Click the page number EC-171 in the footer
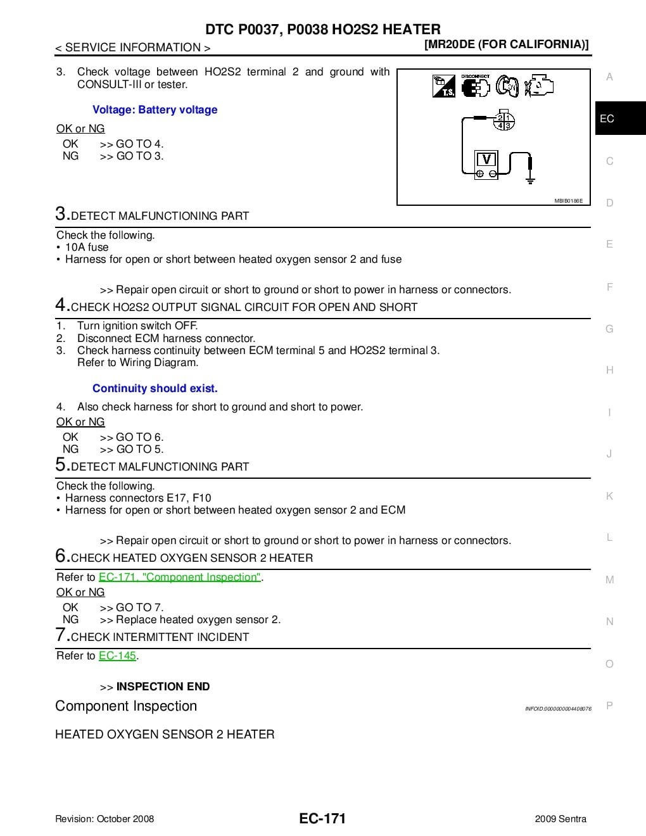(322, 818)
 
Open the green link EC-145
(117, 655)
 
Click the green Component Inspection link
(180, 577)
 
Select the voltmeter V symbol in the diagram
(486, 160)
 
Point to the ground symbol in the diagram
(530, 177)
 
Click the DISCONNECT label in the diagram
(475, 76)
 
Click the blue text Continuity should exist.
(155, 388)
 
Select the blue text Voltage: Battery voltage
(155, 110)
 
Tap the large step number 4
(61, 305)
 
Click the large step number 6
(61, 555)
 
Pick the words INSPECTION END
(163, 687)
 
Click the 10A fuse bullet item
(87, 247)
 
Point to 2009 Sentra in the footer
(560, 819)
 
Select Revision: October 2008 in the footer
(104, 819)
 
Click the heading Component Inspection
(126, 706)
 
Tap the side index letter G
(609, 329)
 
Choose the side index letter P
(609, 706)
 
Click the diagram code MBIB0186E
(568, 201)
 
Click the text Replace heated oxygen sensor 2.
(198, 619)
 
